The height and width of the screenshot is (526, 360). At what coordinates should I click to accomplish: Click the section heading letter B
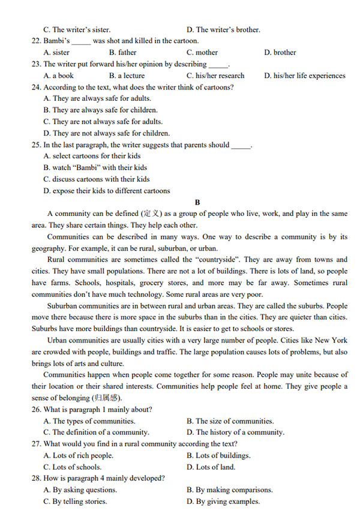click(197, 202)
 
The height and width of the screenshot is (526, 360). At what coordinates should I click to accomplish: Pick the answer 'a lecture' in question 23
click(127, 76)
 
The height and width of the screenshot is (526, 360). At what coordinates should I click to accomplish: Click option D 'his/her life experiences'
click(305, 76)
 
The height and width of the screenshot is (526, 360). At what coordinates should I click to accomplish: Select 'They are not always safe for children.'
click(106, 133)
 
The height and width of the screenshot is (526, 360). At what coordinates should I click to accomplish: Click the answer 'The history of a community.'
click(235, 432)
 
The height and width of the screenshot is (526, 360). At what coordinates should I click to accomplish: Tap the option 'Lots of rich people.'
click(78, 455)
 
